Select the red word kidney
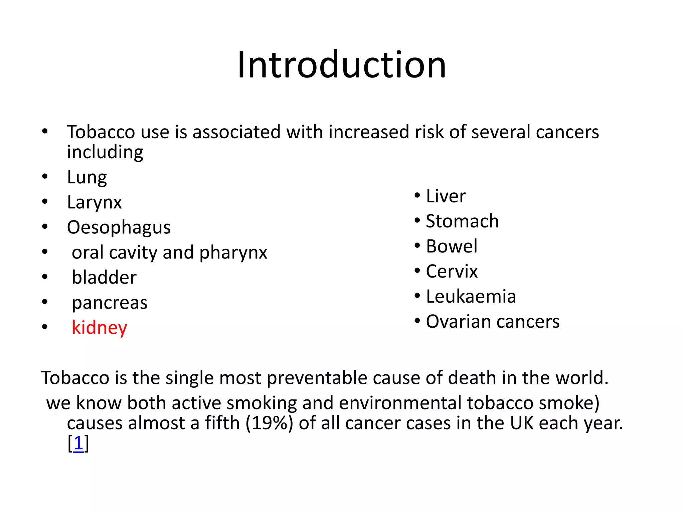(x=99, y=328)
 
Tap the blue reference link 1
(x=78, y=444)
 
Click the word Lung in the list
(x=87, y=177)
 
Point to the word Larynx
(x=94, y=202)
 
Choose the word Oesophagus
(x=119, y=227)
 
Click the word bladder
(x=104, y=278)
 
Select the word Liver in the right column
(x=446, y=196)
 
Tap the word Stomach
(x=462, y=221)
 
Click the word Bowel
(x=452, y=246)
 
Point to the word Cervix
(x=452, y=271)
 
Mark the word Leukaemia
(x=471, y=297)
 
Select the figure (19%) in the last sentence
(x=269, y=423)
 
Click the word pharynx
(x=233, y=252)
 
